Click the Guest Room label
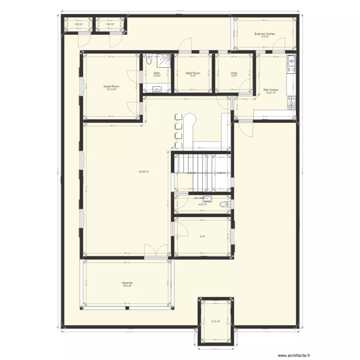[111, 86]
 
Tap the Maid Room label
[192, 73]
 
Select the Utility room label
[234, 73]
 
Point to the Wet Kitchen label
[271, 90]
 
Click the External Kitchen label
[264, 34]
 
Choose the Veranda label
[127, 283]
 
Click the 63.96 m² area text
[143, 171]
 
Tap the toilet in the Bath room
[148, 60]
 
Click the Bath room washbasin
[157, 88]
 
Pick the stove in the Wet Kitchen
[291, 103]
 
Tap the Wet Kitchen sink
[291, 62]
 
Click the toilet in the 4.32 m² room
[224, 205]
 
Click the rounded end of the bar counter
[190, 118]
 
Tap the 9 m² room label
[203, 237]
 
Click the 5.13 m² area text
[216, 322]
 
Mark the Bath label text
[156, 73]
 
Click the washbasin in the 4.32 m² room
[208, 198]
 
